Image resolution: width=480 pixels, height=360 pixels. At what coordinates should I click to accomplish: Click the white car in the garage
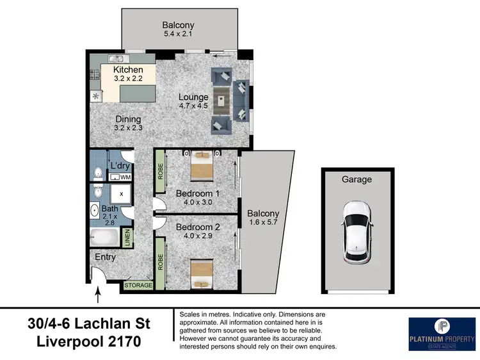point(356,232)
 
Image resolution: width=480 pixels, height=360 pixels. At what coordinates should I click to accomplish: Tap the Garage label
point(356,179)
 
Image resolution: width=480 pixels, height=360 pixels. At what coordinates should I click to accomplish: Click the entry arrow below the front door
point(98,295)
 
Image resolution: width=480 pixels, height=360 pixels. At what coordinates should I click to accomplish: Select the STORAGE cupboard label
point(138,285)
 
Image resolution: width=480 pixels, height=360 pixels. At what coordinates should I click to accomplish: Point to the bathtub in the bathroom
point(104,238)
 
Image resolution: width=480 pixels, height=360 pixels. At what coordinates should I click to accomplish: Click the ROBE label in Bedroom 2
point(160,261)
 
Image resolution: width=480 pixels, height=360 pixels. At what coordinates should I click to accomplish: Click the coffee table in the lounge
point(221,101)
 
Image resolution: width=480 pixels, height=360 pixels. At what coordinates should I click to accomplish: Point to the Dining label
point(128,119)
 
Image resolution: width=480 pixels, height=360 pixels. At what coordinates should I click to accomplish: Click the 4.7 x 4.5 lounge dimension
point(193,107)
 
